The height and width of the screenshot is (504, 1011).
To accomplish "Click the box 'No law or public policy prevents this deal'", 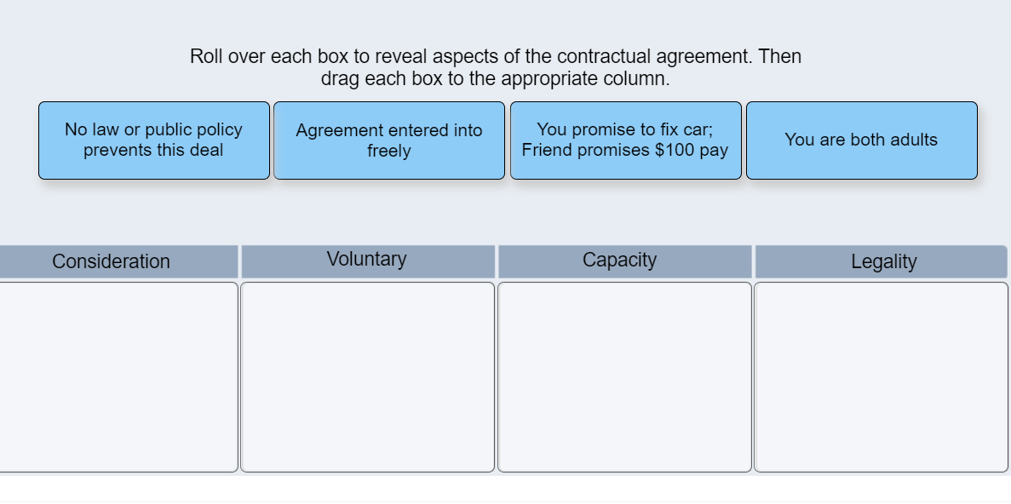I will (154, 140).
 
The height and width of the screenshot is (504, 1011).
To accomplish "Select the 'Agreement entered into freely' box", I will (389, 140).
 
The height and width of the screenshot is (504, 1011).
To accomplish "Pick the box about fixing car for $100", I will (626, 140).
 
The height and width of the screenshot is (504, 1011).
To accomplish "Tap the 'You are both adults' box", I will (861, 140).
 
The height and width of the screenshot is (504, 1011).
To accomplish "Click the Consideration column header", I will (112, 261).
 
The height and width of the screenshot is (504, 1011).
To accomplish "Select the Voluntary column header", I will (367, 260).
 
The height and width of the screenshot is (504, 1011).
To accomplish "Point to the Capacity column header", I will (620, 261).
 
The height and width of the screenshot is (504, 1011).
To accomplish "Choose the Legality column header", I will (883, 262).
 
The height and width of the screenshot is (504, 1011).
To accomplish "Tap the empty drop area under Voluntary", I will (367, 377).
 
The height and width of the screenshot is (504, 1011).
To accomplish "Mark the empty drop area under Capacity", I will (624, 377).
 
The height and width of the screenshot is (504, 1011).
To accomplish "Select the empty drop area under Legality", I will (881, 377).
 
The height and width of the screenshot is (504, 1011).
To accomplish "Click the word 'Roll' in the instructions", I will (206, 57).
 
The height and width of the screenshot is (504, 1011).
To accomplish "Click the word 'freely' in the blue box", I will (389, 152).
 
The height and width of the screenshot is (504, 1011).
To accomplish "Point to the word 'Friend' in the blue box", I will (546, 151).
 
